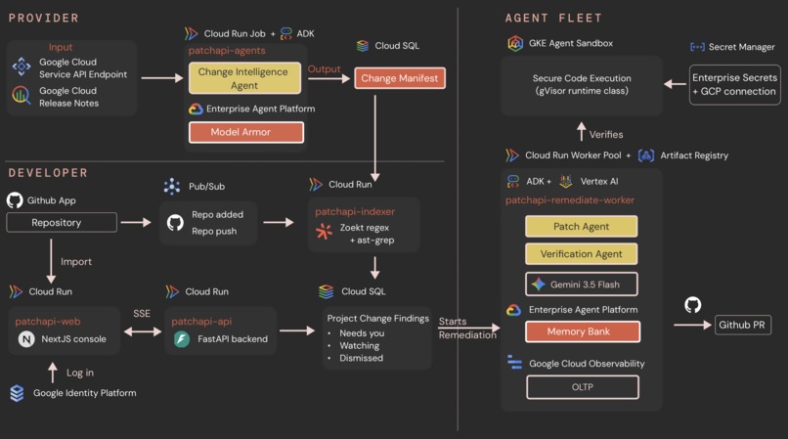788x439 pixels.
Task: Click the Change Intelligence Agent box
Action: pyautogui.click(x=244, y=78)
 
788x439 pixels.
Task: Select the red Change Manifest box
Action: pyautogui.click(x=400, y=78)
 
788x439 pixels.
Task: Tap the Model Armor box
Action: pyautogui.click(x=245, y=132)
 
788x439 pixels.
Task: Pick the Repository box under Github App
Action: pyautogui.click(x=62, y=222)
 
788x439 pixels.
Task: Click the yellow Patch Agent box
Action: pyautogui.click(x=581, y=226)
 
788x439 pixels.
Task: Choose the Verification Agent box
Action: pyautogui.click(x=581, y=254)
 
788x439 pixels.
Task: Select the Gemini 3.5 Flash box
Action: pyautogui.click(x=581, y=285)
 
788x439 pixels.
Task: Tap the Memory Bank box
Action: pyautogui.click(x=583, y=331)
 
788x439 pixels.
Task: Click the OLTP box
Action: pyautogui.click(x=583, y=387)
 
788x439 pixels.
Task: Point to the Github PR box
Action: pyautogui.click(x=742, y=325)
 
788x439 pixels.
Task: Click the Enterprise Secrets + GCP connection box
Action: pyautogui.click(x=735, y=84)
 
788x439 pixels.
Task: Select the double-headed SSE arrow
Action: pyautogui.click(x=143, y=331)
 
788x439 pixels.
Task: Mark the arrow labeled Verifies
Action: pyautogui.click(x=582, y=132)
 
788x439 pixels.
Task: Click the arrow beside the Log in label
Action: pyautogui.click(x=53, y=373)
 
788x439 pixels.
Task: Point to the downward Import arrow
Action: pyautogui.click(x=51, y=261)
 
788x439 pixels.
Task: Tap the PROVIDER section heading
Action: pyautogui.click(x=44, y=19)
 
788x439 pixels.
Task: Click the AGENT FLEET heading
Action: pyautogui.click(x=553, y=19)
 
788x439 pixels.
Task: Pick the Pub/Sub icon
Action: pyautogui.click(x=172, y=187)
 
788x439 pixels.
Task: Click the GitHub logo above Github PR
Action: pyautogui.click(x=692, y=305)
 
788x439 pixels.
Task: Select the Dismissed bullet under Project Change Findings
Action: pyautogui.click(x=361, y=358)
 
